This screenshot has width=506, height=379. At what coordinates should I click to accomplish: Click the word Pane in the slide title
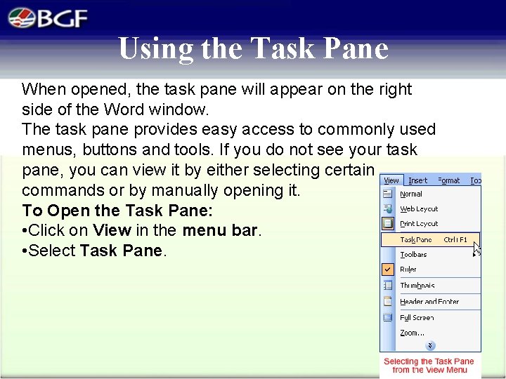click(354, 48)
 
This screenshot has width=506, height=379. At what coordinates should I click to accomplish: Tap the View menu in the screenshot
click(391, 180)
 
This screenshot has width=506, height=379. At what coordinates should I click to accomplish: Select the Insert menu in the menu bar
click(417, 180)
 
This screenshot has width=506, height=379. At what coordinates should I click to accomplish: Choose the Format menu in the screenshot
click(448, 180)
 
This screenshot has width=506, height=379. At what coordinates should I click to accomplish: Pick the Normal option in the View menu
click(411, 194)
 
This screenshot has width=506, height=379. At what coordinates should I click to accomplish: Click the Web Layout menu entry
click(419, 208)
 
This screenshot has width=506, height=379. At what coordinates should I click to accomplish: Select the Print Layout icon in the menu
click(388, 223)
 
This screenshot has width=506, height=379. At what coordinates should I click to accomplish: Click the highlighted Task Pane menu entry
click(416, 239)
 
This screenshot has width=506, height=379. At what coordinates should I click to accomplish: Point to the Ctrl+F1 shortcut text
click(455, 239)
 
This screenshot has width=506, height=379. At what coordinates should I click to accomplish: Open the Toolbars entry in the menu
click(413, 255)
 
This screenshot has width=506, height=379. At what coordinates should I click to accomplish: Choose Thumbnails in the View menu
click(417, 286)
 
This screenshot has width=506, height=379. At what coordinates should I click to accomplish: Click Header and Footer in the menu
click(429, 302)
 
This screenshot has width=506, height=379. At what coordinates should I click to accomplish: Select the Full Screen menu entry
click(417, 318)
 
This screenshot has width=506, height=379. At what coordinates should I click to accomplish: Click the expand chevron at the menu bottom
click(430, 345)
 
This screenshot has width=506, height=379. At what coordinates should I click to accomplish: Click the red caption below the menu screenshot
click(429, 366)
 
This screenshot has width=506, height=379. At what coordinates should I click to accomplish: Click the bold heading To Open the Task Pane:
click(117, 211)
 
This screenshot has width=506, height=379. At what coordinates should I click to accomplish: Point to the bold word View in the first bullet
click(112, 230)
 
